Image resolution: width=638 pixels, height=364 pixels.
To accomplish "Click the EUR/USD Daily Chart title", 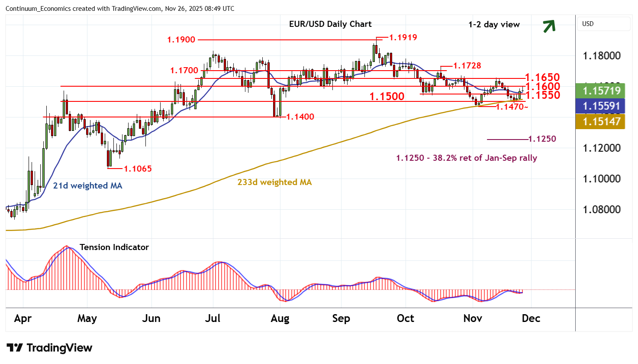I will (x=330, y=24).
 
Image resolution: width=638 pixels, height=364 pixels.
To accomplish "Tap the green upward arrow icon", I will (x=549, y=26).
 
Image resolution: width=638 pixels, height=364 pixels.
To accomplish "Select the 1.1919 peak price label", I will (x=403, y=38).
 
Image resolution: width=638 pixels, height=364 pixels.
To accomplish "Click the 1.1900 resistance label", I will (x=181, y=40).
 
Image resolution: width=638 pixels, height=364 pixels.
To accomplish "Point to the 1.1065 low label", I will (x=138, y=169).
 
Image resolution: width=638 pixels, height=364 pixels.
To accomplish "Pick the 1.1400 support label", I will (x=300, y=117).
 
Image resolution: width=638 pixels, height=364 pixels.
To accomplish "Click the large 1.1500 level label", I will (x=387, y=96).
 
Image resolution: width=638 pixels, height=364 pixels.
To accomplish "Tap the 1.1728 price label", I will (x=467, y=66).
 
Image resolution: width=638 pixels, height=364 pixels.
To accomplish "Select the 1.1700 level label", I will (x=184, y=70).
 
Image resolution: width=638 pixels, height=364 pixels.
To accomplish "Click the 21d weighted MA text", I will (x=87, y=186).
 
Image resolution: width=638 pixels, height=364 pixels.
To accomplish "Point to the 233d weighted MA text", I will (x=274, y=182).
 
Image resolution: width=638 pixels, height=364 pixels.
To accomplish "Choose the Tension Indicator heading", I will (x=114, y=247).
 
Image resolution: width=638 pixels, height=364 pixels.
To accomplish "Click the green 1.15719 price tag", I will (x=601, y=91).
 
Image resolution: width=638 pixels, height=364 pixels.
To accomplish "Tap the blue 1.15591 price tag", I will (x=601, y=106).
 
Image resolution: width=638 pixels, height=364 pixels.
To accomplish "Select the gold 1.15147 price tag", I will (x=601, y=121).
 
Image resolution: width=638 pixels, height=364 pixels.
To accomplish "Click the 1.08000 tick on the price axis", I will (x=601, y=210).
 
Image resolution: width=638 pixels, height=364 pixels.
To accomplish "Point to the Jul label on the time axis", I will (x=213, y=318).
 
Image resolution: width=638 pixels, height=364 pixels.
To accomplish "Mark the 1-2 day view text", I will (x=494, y=25).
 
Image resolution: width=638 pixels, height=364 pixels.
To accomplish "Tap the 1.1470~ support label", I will (x=512, y=107).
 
